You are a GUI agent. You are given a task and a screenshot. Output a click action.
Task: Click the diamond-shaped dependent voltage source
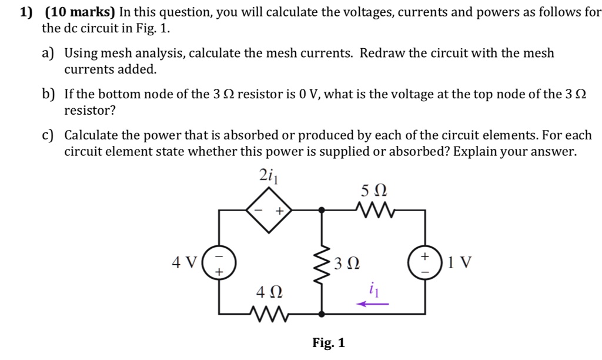click(269, 209)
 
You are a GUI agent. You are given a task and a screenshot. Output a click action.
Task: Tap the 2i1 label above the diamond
click(268, 175)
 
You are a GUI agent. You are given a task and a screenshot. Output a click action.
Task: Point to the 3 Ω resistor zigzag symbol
click(322, 261)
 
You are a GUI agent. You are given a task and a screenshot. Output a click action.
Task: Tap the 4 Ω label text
click(269, 292)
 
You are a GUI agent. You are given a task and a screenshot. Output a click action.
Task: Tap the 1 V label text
click(459, 262)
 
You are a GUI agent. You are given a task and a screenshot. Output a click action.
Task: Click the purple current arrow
click(373, 304)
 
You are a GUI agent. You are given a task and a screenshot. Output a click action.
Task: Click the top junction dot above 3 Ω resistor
click(322, 209)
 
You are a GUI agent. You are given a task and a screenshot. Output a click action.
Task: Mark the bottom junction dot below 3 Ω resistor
click(322, 314)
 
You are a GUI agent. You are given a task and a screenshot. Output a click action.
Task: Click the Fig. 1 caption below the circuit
click(329, 343)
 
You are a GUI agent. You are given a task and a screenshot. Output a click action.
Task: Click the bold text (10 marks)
click(81, 12)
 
